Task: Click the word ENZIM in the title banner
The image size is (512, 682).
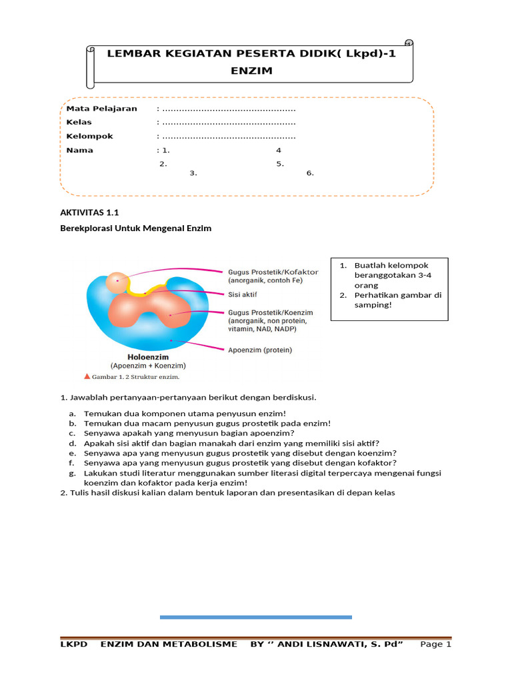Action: [x=252, y=70]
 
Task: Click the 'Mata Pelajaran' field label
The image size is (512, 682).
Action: [x=101, y=109]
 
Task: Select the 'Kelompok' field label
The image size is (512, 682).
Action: [x=89, y=137]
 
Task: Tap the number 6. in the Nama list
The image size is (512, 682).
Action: [x=310, y=173]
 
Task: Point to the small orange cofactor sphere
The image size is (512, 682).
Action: [x=119, y=282]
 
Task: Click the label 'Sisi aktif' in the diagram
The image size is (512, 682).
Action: [x=243, y=294]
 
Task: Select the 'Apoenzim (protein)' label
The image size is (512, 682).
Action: [x=260, y=350]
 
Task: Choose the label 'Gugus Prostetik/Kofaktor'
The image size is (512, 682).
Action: [x=273, y=272]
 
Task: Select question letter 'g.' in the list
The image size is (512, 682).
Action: [x=72, y=473]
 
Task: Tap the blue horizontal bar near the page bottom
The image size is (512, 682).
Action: [x=255, y=617]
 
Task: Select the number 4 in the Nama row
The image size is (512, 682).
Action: [x=279, y=151]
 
